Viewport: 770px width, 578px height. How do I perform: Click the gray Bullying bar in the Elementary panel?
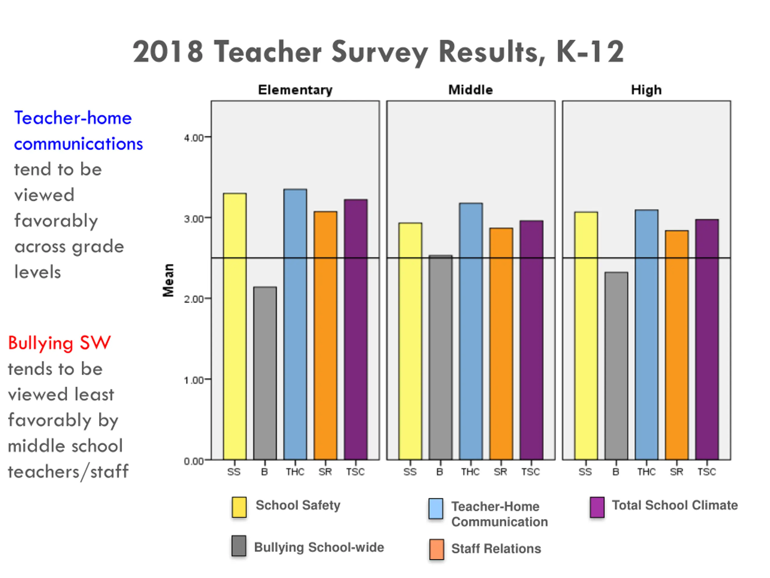click(x=265, y=373)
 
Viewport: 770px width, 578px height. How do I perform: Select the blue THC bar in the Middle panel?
click(x=471, y=331)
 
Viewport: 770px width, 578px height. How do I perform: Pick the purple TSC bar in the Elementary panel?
click(x=356, y=329)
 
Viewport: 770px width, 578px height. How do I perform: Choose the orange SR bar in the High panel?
click(x=677, y=345)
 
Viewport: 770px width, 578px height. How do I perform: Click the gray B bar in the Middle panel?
click(x=440, y=357)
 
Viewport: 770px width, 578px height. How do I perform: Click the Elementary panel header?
click(x=295, y=90)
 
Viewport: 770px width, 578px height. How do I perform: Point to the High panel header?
click(x=646, y=90)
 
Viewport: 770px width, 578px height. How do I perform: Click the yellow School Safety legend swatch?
click(x=239, y=507)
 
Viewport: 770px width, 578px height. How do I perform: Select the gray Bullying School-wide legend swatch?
click(x=239, y=545)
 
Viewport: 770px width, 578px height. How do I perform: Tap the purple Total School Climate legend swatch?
click(x=597, y=507)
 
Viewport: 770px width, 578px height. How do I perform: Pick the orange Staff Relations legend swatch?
click(x=436, y=549)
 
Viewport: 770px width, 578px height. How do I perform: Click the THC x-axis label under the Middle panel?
click(x=470, y=472)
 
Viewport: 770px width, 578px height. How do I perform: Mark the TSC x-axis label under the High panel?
click(x=707, y=472)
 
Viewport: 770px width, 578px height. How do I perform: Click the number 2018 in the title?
click(x=168, y=51)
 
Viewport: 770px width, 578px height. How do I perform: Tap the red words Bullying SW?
click(x=60, y=343)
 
